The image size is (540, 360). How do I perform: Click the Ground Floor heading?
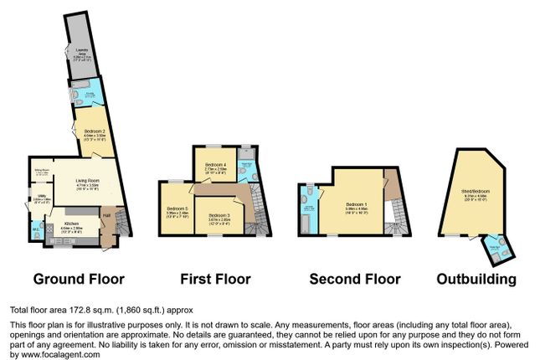[x=79, y=279]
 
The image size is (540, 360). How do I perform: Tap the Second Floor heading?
[x=354, y=279]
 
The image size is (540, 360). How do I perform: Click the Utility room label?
[x=39, y=198]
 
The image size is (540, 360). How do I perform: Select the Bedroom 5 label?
[x=177, y=209]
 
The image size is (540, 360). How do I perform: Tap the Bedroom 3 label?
[x=219, y=217]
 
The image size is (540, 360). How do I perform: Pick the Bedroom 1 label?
[x=357, y=203]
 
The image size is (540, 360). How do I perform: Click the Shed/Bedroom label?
[x=474, y=193]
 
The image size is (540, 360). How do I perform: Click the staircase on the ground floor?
[x=121, y=223]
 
